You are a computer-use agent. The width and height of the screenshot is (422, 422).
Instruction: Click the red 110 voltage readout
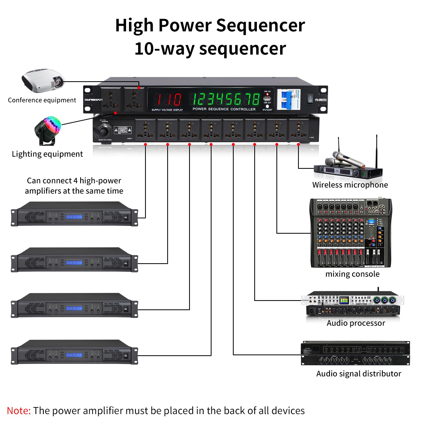(169, 100)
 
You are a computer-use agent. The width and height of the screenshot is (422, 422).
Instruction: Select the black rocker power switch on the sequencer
(310, 99)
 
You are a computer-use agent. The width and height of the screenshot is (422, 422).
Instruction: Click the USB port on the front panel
(267, 99)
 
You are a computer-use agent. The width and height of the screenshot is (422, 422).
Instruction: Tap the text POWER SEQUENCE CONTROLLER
(224, 109)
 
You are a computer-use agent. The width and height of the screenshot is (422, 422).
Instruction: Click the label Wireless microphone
(350, 185)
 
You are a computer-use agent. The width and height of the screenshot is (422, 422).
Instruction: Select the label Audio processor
(356, 323)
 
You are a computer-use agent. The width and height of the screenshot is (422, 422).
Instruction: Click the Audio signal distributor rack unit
(355, 353)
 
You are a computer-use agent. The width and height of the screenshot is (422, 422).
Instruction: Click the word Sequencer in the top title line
(260, 26)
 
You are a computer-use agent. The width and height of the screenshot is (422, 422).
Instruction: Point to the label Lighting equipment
(47, 154)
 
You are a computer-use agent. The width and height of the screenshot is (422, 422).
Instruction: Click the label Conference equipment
(42, 100)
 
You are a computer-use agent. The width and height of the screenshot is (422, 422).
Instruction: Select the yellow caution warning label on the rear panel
(123, 130)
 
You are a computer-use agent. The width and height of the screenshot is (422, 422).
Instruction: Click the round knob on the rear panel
(105, 130)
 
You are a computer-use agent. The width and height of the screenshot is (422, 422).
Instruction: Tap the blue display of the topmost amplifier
(74, 217)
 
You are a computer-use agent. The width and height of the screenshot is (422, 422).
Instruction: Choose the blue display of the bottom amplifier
(74, 355)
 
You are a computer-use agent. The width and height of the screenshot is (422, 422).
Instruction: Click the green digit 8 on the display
(256, 99)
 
